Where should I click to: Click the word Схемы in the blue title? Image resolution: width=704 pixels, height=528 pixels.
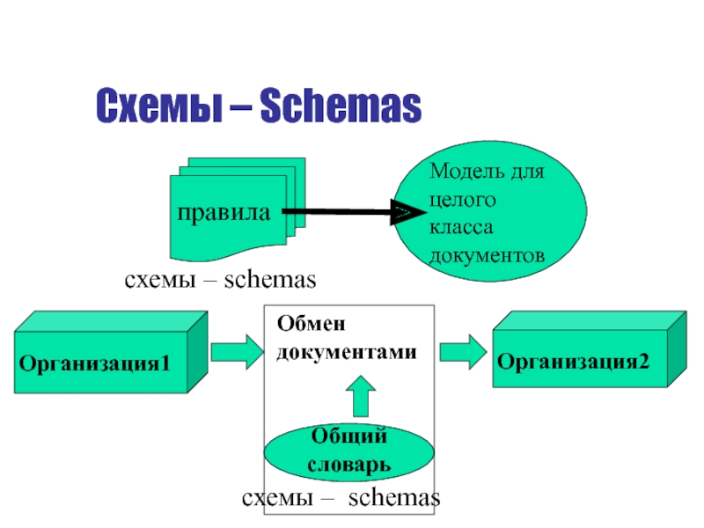pos(159,106)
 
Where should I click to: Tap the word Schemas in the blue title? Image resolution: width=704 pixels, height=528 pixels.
pos(341,106)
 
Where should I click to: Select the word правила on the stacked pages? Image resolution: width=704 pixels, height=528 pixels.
pos(224,213)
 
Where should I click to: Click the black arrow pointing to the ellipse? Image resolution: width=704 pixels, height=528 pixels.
pos(355,212)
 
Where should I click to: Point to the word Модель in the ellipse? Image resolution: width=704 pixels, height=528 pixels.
pos(461,171)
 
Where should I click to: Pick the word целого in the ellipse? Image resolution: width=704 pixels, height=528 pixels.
pos(463,201)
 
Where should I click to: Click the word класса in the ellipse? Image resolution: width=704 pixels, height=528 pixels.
pos(461,227)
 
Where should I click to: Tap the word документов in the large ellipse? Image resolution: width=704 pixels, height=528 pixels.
pos(487,255)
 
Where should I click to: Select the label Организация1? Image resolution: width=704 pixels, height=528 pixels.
pos(95,363)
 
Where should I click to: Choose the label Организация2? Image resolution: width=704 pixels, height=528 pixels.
pos(573,362)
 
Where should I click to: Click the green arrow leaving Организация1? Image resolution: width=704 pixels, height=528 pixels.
pos(238,352)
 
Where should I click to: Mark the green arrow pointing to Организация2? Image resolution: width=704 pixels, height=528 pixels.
pos(463,352)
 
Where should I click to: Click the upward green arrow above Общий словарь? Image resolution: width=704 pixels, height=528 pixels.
pos(361,396)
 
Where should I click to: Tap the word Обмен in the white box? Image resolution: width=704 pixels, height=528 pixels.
pos(312,323)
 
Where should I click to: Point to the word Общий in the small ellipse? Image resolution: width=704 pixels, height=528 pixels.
pos(348,436)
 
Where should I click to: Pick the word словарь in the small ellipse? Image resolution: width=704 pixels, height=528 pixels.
pos(348,465)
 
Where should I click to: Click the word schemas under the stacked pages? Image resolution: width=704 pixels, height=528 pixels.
pos(270,279)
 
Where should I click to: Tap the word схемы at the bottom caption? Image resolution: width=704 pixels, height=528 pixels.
pos(277,498)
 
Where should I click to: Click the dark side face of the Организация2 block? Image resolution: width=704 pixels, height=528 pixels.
pos(677,348)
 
